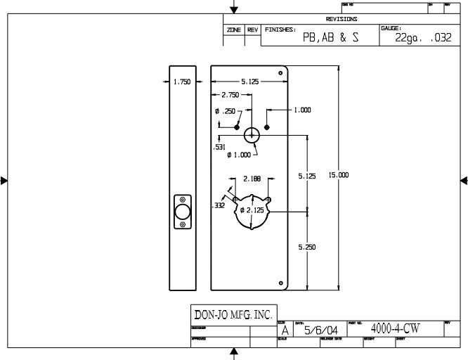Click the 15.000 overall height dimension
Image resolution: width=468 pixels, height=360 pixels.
click(339, 175)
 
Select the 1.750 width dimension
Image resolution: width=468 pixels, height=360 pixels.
click(182, 82)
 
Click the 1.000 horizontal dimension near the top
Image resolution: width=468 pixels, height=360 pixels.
click(303, 110)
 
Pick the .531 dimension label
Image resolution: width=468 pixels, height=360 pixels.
click(219, 148)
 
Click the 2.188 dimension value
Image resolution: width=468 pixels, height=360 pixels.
click(252, 179)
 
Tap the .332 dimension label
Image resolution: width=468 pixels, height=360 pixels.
click(219, 206)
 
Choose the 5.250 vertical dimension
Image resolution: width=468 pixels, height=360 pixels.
click(307, 247)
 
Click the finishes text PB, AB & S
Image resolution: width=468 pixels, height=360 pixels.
click(330, 39)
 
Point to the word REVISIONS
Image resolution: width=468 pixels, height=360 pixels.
click(342, 19)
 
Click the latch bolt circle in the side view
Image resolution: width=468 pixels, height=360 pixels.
click(183, 212)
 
